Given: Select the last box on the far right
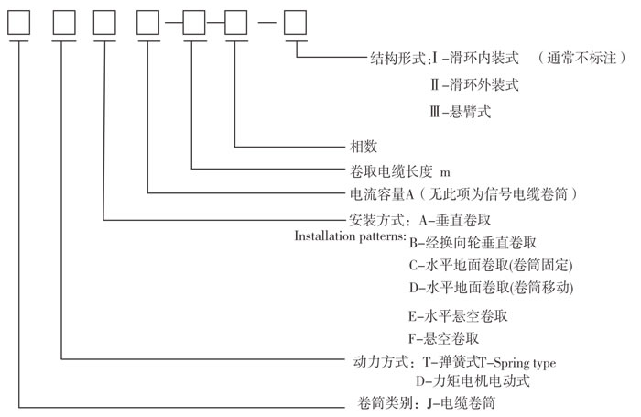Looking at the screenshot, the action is point(295,23).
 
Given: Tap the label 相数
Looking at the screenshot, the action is point(364,146).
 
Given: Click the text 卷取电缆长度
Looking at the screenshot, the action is point(391,171).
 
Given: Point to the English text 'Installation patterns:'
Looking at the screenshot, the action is point(351,236).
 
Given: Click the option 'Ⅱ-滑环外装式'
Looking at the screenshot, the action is point(474,84).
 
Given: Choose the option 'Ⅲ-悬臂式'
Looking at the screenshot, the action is point(461,111).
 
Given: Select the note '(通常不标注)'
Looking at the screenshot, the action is point(581,58).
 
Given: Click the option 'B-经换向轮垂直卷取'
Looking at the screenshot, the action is point(473,243).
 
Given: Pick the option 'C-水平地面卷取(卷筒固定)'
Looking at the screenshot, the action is point(491,265).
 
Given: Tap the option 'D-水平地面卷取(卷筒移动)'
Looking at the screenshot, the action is point(492,287).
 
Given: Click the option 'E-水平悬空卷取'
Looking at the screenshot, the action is point(458,316).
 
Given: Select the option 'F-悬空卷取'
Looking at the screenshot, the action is point(443,338).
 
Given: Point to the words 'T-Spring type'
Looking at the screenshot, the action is point(517,363).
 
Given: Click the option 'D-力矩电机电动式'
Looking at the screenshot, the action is point(473,381).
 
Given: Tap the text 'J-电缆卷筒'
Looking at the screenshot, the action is point(462,403).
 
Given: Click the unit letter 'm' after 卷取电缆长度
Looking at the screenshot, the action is point(445,173).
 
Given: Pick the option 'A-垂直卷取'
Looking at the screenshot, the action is point(454,220).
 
